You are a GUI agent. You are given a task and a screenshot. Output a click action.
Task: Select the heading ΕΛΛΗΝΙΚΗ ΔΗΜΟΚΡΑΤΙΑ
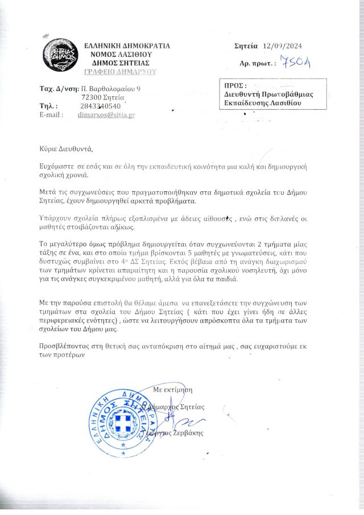click(x=126, y=46)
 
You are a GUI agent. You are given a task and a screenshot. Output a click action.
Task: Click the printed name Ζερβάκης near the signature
click(x=186, y=433)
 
